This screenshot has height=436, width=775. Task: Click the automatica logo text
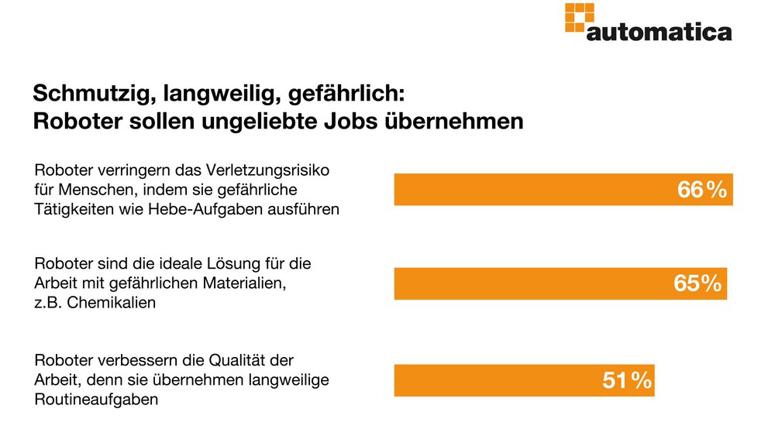click(659, 32)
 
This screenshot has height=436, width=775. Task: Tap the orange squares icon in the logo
click(580, 17)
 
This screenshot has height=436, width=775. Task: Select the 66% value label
click(702, 190)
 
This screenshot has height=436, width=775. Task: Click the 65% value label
click(697, 284)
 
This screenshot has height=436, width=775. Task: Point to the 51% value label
click(626, 380)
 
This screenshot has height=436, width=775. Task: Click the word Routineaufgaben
click(97, 400)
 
